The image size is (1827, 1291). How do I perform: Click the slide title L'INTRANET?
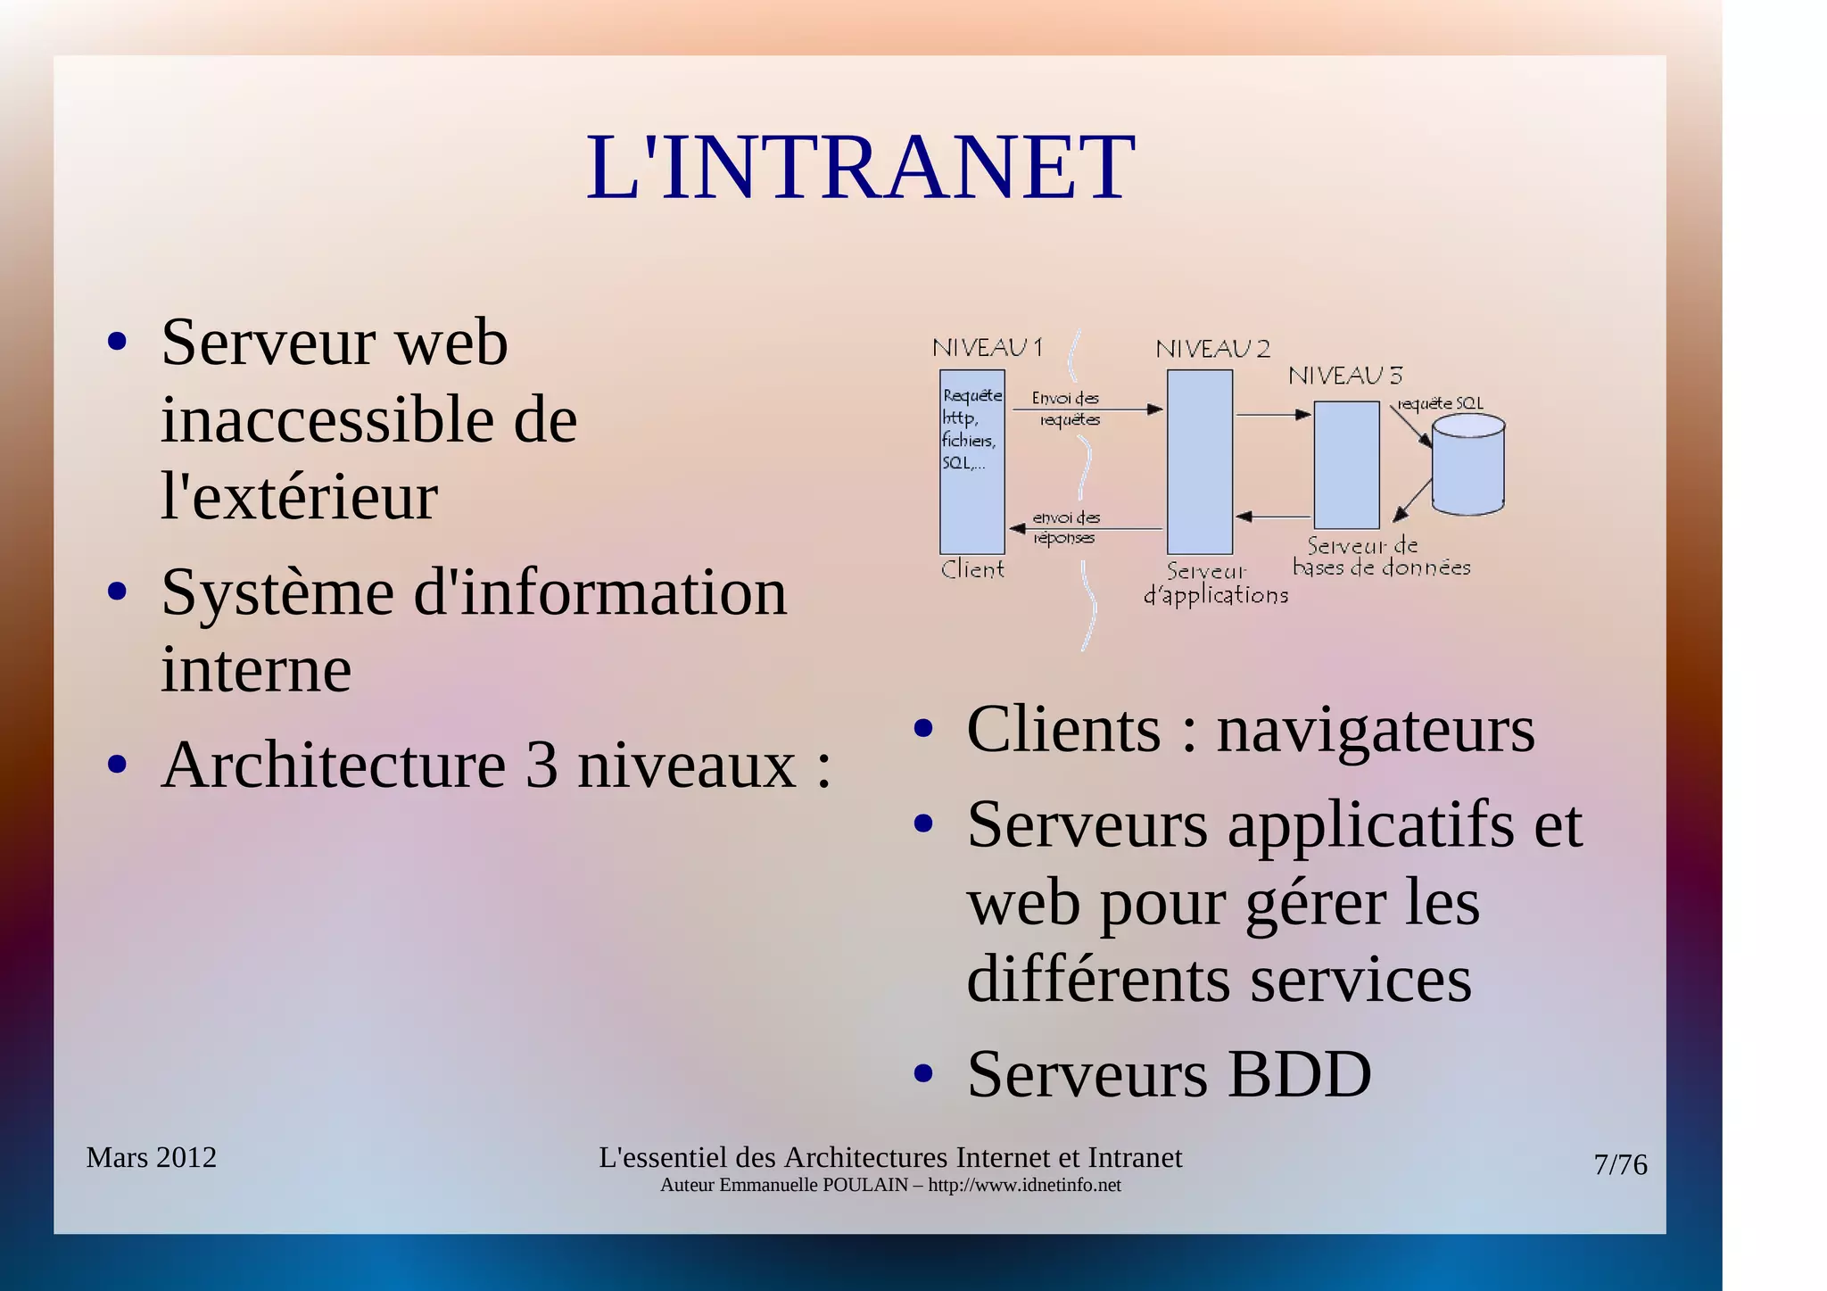[860, 167]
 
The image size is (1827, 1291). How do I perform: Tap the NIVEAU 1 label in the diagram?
[987, 347]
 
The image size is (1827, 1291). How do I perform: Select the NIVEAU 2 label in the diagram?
[1212, 349]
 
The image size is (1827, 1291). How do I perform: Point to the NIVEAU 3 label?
[1344, 376]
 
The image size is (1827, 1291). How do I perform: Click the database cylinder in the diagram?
[1467, 464]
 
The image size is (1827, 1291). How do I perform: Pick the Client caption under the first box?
[972, 569]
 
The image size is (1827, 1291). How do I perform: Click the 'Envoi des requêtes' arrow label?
[1067, 409]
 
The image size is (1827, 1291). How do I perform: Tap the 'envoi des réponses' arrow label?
[1066, 527]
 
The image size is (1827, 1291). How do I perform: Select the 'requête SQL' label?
[1440, 403]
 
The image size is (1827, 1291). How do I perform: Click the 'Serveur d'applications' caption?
[1214, 583]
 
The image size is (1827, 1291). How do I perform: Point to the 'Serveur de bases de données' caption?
[1380, 557]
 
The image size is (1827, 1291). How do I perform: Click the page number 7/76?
[1620, 1164]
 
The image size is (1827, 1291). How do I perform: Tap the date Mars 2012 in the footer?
[151, 1157]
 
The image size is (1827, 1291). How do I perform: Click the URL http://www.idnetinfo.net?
[1024, 1185]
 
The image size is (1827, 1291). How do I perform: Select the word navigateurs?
[1375, 730]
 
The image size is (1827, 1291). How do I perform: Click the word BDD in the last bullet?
[1299, 1073]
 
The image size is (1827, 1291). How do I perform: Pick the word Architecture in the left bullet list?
[334, 765]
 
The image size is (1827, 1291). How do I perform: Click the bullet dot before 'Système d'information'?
[117, 592]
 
